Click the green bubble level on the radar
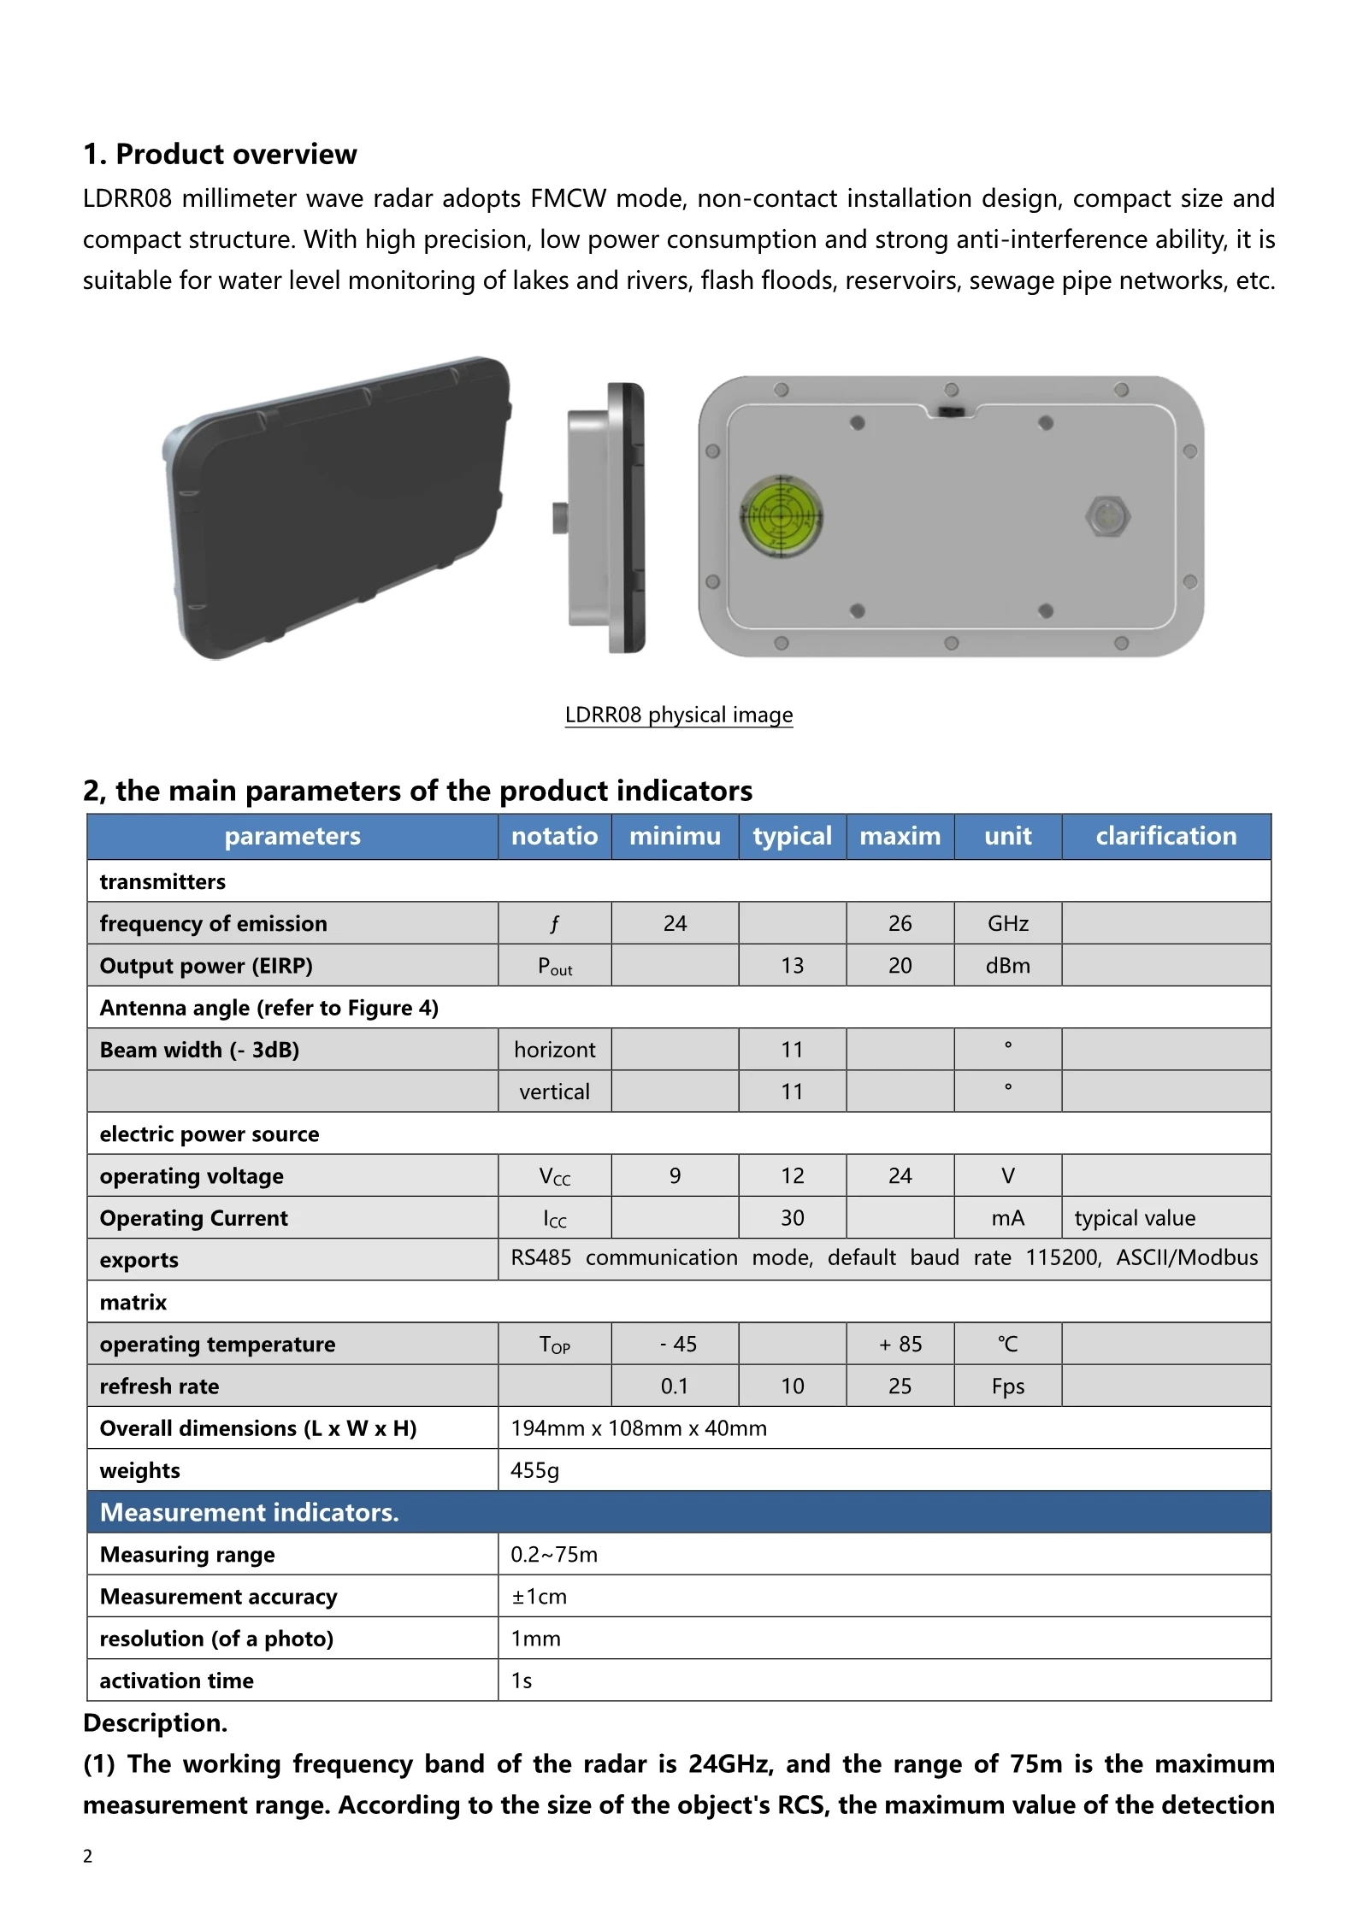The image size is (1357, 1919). point(780,516)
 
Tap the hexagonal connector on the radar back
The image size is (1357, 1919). point(1107,516)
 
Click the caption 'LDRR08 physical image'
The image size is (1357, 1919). point(679,715)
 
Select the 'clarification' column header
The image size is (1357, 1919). point(1165,836)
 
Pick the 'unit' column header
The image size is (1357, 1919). point(1007,836)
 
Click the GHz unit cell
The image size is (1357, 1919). point(1007,923)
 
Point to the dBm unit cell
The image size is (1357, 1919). point(1007,965)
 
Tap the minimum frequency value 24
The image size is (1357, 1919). point(675,923)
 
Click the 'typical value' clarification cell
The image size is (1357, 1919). point(1135,1217)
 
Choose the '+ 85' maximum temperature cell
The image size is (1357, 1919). point(900,1344)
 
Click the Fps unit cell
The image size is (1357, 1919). point(1007,1386)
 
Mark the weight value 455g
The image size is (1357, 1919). point(534,1470)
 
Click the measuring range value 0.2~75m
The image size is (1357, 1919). point(554,1554)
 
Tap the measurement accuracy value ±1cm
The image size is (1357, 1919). point(539,1596)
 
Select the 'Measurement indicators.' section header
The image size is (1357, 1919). point(250,1512)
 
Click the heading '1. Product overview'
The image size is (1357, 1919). point(220,154)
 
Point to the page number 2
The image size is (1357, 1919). point(87,1856)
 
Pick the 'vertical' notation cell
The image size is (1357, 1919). point(554,1092)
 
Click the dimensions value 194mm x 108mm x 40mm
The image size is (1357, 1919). point(639,1428)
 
